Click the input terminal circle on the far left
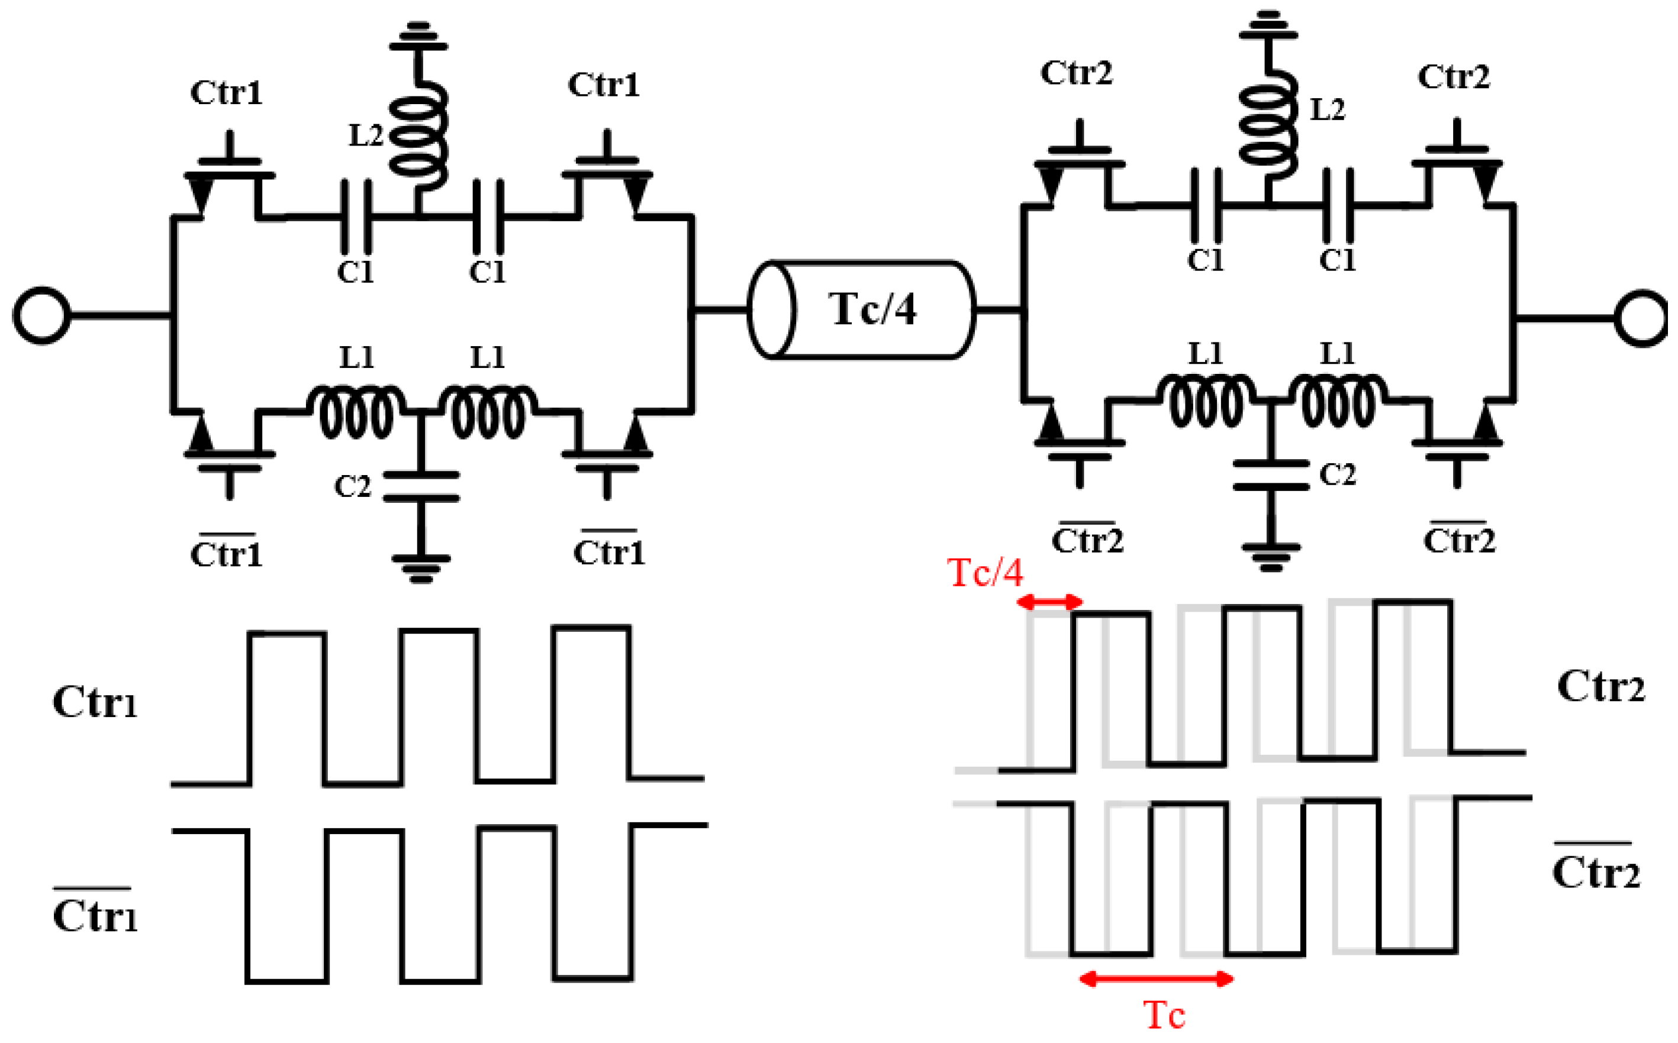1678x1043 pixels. pyautogui.click(x=41, y=315)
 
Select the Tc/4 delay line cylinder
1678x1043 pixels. pyautogui.click(x=862, y=310)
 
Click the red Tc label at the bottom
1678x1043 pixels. pyautogui.click(x=1165, y=1015)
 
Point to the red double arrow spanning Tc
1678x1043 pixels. pyautogui.click(x=1157, y=978)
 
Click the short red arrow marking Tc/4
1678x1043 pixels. pyautogui.click(x=1049, y=602)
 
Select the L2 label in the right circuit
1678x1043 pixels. pyautogui.click(x=1327, y=109)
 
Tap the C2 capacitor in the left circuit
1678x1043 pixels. pyautogui.click(x=421, y=486)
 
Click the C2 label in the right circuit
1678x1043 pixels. pyautogui.click(x=1337, y=474)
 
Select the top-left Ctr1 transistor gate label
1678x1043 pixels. pyautogui.click(x=226, y=92)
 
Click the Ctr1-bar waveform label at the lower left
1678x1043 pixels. pyautogui.click(x=95, y=915)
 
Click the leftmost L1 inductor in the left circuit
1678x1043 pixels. pyautogui.click(x=355, y=412)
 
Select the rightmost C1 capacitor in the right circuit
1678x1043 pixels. pyautogui.click(x=1337, y=205)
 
